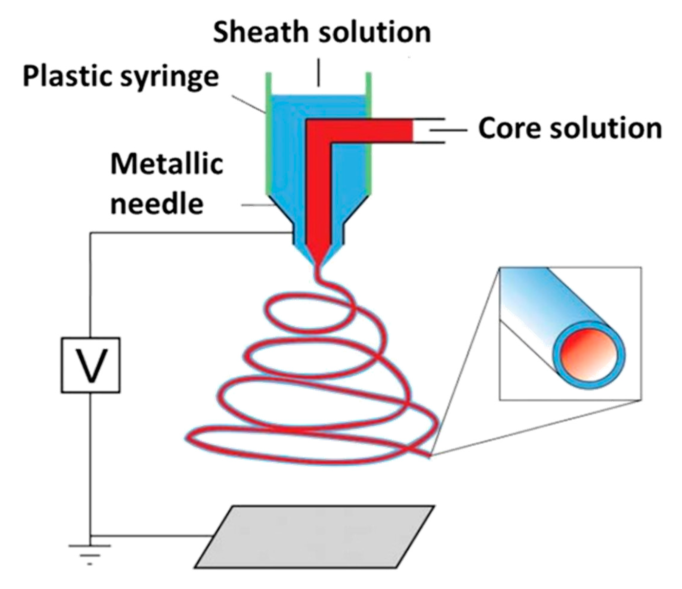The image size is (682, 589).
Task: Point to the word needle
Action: (157, 204)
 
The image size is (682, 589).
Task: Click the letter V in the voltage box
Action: (91, 365)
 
